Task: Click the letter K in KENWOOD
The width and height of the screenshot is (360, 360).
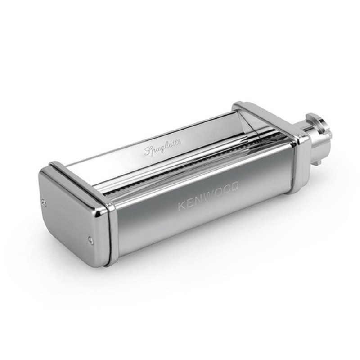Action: point(181,206)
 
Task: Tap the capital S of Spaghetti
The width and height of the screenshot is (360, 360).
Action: point(148,150)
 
